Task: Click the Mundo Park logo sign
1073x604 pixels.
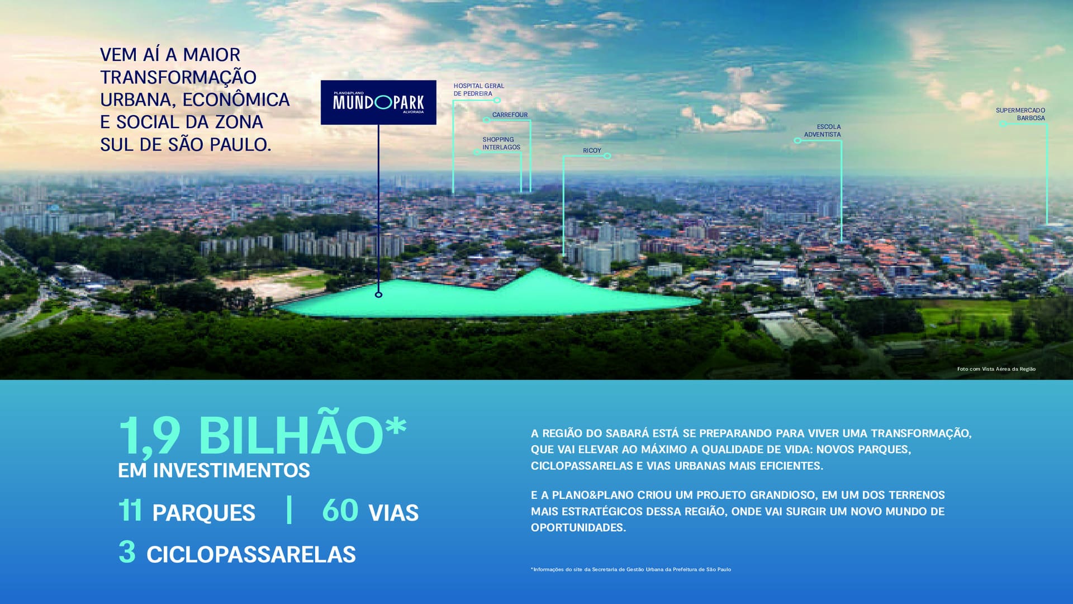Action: pyautogui.click(x=378, y=102)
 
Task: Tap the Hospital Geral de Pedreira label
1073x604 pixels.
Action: pyautogui.click(x=479, y=89)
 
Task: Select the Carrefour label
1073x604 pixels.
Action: pyautogui.click(x=510, y=115)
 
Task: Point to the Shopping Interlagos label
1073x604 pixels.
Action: pyautogui.click(x=501, y=143)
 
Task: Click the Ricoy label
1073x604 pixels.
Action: pyautogui.click(x=592, y=150)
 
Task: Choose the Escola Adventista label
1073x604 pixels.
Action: pyautogui.click(x=823, y=130)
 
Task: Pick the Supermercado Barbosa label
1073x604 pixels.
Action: pyautogui.click(x=1020, y=114)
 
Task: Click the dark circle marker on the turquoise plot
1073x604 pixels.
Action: pyautogui.click(x=379, y=295)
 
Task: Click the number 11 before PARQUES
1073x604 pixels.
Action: pyautogui.click(x=130, y=510)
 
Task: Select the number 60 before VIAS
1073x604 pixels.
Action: pyautogui.click(x=340, y=510)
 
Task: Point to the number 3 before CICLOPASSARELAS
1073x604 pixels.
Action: pyautogui.click(x=127, y=551)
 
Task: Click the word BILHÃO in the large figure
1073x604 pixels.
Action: pyautogui.click(x=291, y=435)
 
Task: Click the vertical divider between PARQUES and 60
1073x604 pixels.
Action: pyautogui.click(x=289, y=509)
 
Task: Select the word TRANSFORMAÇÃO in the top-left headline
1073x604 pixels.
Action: pyautogui.click(x=178, y=77)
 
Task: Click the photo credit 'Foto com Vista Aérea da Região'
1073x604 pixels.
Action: pyautogui.click(x=996, y=369)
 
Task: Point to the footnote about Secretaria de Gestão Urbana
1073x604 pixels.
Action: pyautogui.click(x=631, y=569)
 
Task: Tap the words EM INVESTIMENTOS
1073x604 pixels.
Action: pyautogui.click(x=214, y=470)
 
